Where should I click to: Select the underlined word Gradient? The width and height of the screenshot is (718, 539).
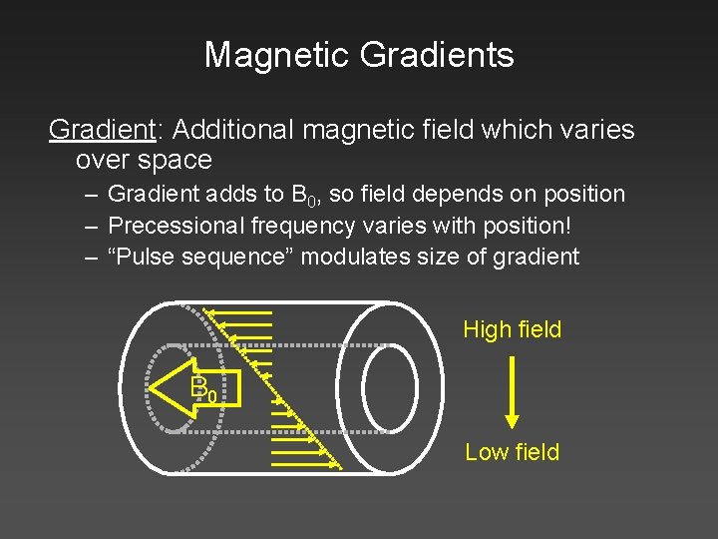pyautogui.click(x=97, y=130)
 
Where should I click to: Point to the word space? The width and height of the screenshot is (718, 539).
pyautogui.click(x=176, y=160)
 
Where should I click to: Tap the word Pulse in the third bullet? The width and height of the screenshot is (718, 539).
pyautogui.click(x=145, y=257)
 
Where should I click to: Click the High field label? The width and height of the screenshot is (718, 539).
pyautogui.click(x=512, y=329)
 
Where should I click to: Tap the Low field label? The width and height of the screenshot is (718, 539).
pyautogui.click(x=512, y=452)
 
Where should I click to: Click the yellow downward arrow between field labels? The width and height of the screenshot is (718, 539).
pyautogui.click(x=512, y=390)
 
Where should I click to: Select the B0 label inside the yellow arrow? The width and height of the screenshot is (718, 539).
pyautogui.click(x=203, y=387)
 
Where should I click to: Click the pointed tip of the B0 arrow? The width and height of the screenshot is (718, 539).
pyautogui.click(x=153, y=386)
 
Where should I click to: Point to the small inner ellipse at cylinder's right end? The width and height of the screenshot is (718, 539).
pyautogui.click(x=390, y=387)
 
